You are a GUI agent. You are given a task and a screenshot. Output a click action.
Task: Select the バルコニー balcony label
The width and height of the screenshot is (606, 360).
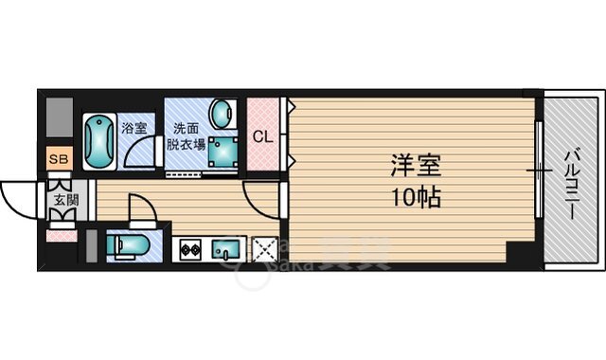[x=572, y=184]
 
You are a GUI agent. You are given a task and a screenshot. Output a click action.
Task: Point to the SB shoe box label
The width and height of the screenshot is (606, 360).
[x=58, y=158]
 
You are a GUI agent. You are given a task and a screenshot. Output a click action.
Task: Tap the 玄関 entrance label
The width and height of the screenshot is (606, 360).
[x=65, y=200]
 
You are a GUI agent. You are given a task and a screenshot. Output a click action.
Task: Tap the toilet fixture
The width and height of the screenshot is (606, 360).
[x=127, y=245]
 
